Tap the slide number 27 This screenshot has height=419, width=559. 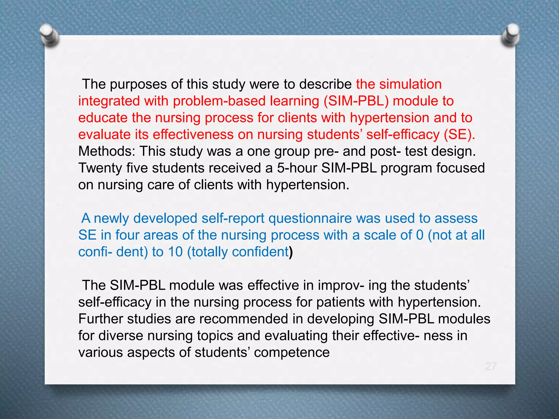click(490, 366)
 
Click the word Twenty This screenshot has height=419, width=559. click(100, 168)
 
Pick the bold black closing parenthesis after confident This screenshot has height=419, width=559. click(291, 252)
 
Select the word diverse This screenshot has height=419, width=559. click(121, 336)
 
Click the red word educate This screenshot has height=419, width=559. click(103, 118)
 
